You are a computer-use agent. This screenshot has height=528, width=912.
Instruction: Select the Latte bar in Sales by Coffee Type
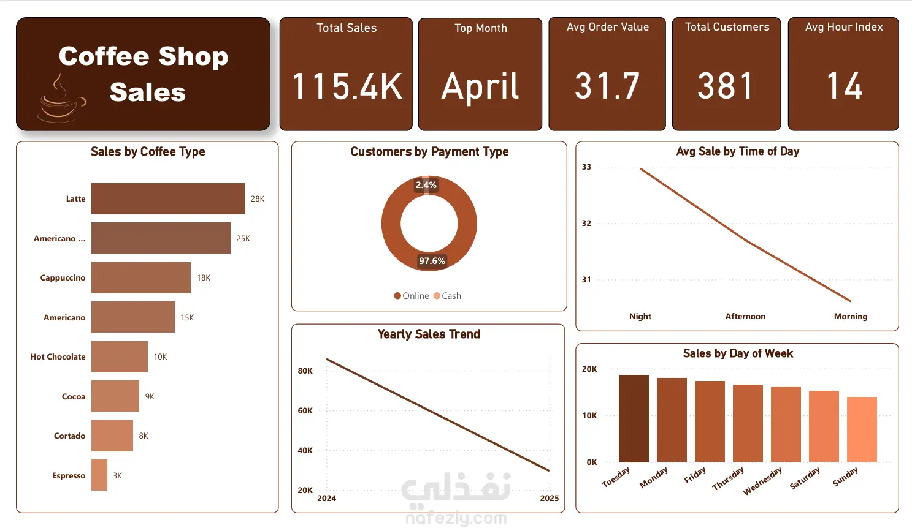point(168,198)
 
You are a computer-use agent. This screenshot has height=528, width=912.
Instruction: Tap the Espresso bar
point(99,475)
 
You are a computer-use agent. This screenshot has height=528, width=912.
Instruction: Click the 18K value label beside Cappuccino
point(204,278)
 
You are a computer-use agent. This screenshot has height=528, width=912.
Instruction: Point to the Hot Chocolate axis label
point(58,357)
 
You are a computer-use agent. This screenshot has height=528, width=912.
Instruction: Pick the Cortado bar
point(112,436)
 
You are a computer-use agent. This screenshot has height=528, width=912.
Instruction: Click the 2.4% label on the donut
point(426,185)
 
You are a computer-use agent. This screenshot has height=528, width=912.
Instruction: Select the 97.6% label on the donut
point(432,261)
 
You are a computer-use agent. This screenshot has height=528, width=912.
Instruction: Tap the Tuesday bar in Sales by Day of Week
point(634,418)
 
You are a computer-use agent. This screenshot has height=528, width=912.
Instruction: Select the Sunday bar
point(862,429)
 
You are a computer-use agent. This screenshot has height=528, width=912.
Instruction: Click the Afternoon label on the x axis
point(745,317)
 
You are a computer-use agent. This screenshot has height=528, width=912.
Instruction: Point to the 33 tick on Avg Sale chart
point(586,167)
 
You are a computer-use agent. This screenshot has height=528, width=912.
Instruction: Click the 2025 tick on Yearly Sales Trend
point(549,499)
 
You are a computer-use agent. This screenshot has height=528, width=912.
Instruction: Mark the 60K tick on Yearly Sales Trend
point(305,411)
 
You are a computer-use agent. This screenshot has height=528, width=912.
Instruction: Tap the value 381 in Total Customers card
point(726,86)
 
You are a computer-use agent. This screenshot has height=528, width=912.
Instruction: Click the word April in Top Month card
point(480,86)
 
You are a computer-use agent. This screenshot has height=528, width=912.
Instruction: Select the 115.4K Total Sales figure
point(347,86)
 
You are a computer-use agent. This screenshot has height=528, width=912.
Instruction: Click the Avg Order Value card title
point(607,27)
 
